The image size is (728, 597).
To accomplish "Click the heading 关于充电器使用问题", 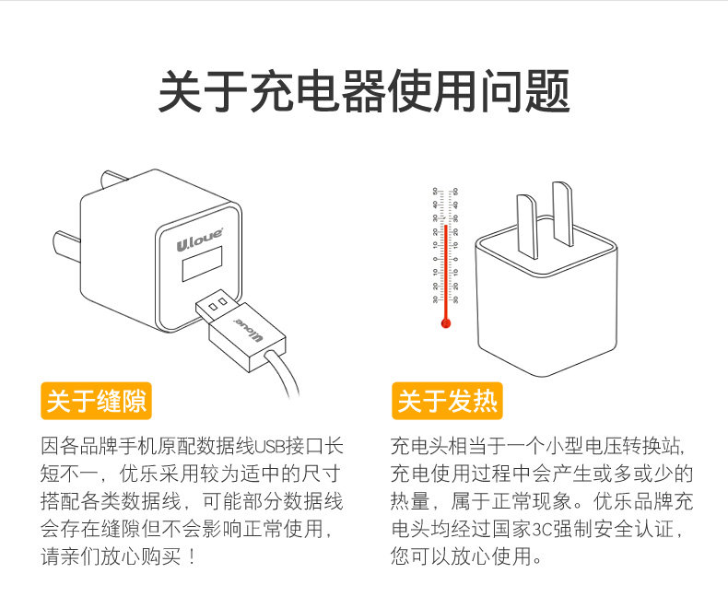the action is [364, 93].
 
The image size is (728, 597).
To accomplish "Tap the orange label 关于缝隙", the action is [97, 401].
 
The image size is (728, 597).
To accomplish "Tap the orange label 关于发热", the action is [447, 401].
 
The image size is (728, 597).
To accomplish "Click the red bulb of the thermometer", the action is [445, 323].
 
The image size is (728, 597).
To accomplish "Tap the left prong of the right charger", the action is [526, 226].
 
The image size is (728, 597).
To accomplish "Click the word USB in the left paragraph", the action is [267, 447].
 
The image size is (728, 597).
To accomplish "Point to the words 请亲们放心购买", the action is [111, 557].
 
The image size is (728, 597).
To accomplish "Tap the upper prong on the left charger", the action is [114, 181].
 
